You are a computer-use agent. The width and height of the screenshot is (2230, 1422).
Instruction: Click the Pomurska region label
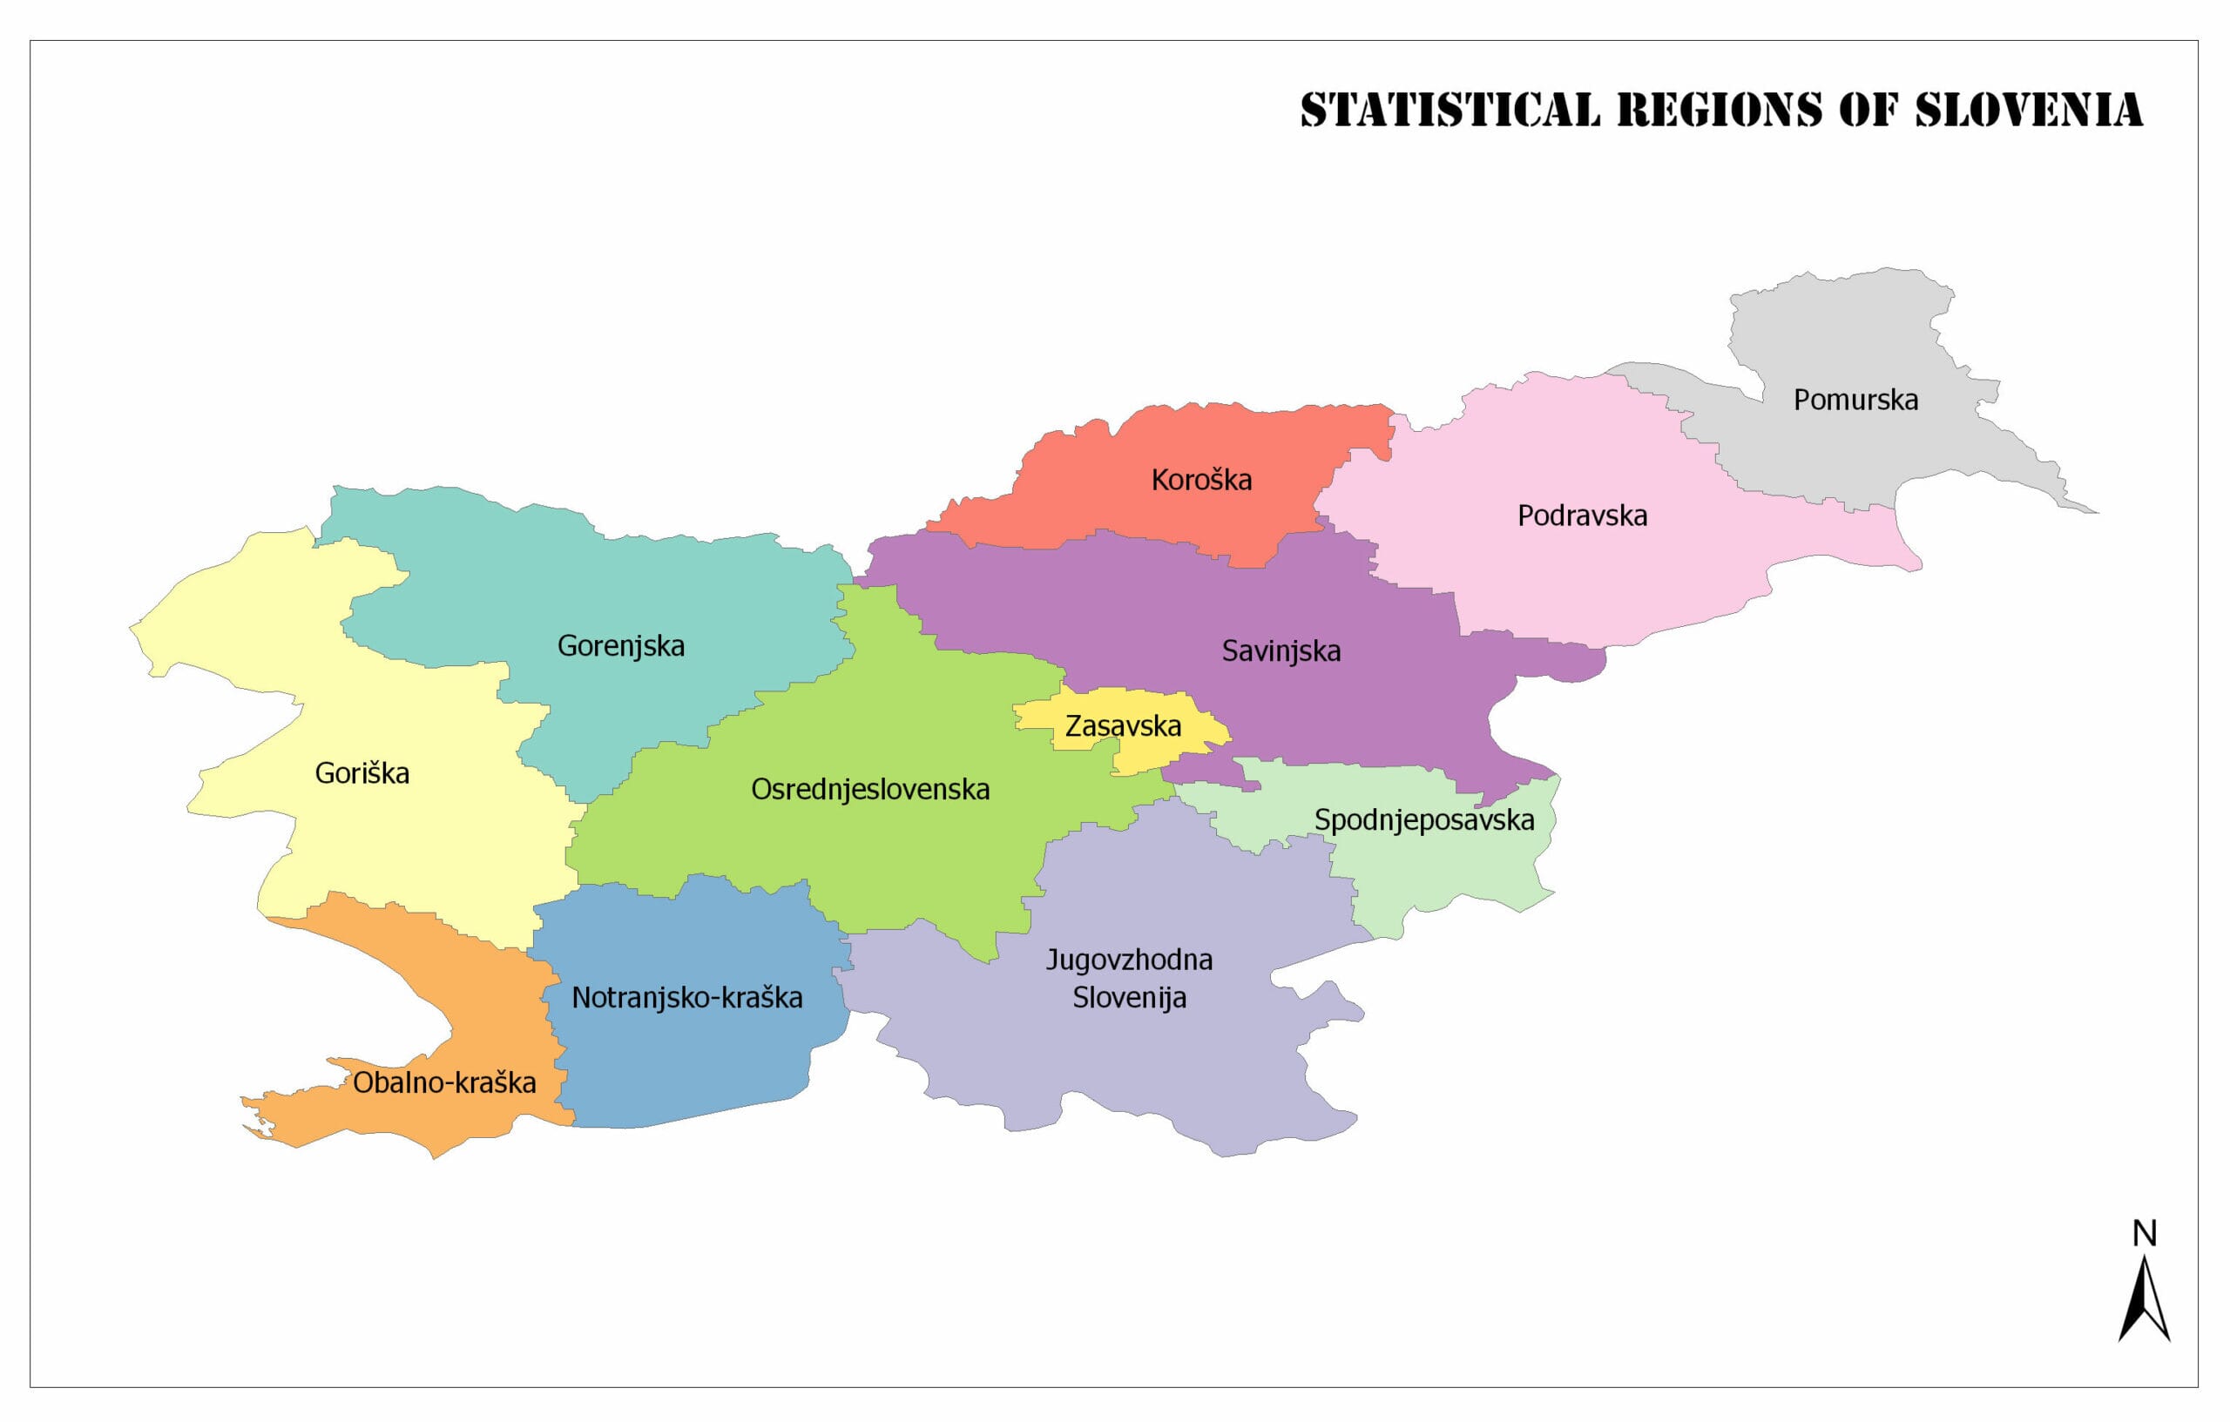click(1855, 400)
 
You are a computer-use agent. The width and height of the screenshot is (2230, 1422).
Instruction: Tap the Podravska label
click(1582, 516)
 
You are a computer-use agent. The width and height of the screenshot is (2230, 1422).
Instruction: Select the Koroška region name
click(1201, 480)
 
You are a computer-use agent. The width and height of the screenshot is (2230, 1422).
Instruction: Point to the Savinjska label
click(1281, 650)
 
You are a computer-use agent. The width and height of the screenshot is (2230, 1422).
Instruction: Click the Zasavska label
click(1123, 726)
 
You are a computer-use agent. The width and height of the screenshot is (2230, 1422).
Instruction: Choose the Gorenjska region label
click(620, 645)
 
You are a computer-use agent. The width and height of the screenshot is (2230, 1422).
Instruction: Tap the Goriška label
click(362, 773)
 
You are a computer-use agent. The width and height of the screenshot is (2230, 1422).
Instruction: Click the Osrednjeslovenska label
click(869, 789)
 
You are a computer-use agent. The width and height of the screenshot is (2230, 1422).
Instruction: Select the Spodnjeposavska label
click(1424, 819)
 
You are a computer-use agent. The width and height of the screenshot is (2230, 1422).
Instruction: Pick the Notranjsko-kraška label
click(686, 997)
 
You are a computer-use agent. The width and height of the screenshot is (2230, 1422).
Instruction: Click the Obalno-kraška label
click(443, 1082)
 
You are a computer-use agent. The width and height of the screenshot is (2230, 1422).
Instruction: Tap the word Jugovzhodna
click(1129, 959)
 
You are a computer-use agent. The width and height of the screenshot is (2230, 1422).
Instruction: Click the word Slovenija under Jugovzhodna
click(1129, 998)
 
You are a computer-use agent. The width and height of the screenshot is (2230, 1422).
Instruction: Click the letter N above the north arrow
click(2145, 1233)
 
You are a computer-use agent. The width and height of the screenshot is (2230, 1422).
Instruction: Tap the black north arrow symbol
click(2145, 1301)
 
